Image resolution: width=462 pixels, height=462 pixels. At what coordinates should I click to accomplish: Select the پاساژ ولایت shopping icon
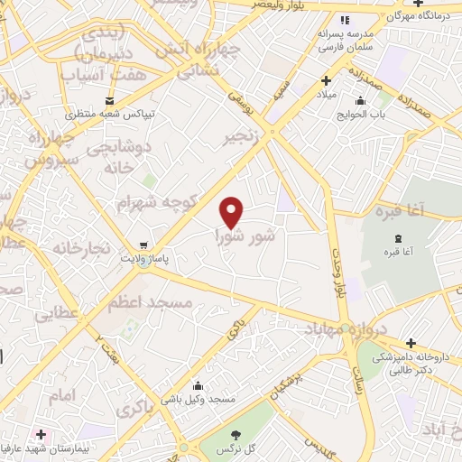click(142, 245)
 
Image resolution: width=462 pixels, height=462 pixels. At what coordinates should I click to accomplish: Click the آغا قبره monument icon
click(398, 238)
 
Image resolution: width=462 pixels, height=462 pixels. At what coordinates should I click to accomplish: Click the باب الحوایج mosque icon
click(361, 101)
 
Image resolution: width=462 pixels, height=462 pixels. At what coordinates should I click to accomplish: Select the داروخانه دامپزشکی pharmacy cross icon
click(411, 343)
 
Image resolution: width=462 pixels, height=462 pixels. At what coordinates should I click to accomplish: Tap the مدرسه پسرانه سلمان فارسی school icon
click(344, 20)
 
